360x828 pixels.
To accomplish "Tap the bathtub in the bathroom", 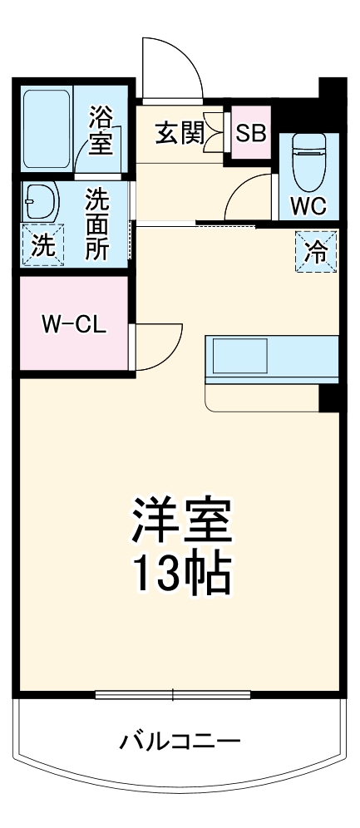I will (x=49, y=128).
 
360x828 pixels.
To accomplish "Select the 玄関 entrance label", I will (x=179, y=133).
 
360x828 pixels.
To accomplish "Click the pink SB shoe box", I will (x=250, y=133).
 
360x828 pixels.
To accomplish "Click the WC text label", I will (x=308, y=205).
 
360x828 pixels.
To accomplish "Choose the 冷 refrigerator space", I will (x=317, y=250).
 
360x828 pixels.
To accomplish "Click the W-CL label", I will (x=73, y=325).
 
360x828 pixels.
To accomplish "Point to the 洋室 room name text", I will (x=181, y=520).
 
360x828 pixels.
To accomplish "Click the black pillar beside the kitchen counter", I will (x=329, y=397).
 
